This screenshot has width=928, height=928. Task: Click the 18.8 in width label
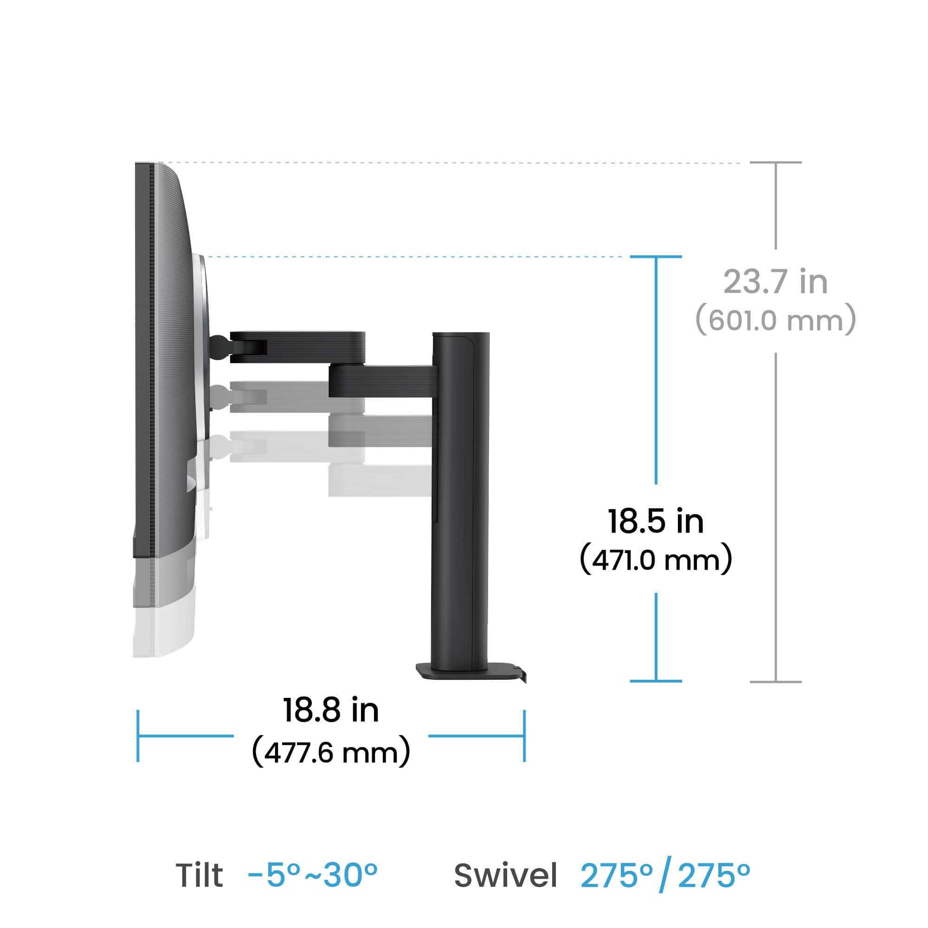coord(330,710)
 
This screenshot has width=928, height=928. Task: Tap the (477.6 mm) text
coord(330,752)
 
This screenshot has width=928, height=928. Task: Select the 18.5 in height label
coord(656,521)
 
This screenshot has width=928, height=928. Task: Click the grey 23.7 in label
coord(775,282)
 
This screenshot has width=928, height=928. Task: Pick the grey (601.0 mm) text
coord(775,320)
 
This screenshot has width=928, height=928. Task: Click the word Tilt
coord(200,875)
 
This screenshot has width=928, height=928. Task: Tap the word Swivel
coord(505,875)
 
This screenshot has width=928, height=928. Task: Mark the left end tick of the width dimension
coord(138,735)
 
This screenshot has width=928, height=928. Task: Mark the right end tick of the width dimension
coord(524,735)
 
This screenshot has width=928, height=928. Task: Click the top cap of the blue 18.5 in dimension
coord(656,257)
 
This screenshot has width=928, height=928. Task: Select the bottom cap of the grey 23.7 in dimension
coord(775,682)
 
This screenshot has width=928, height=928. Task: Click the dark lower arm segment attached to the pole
coord(382,381)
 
